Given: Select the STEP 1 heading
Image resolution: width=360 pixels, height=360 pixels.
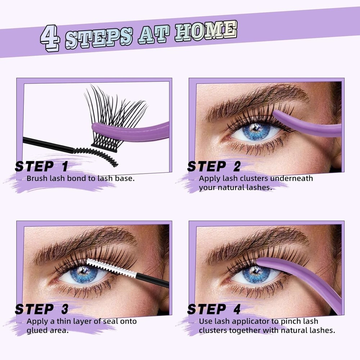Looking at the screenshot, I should click(x=41, y=166).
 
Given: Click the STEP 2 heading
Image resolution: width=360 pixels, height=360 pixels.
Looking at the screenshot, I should click(x=214, y=166).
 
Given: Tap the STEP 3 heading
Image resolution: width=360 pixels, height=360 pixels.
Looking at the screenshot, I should click(x=41, y=309).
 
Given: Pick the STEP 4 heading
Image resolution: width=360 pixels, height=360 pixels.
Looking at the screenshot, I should click(x=214, y=309).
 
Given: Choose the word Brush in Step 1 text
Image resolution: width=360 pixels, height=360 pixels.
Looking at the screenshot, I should click(x=36, y=178).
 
